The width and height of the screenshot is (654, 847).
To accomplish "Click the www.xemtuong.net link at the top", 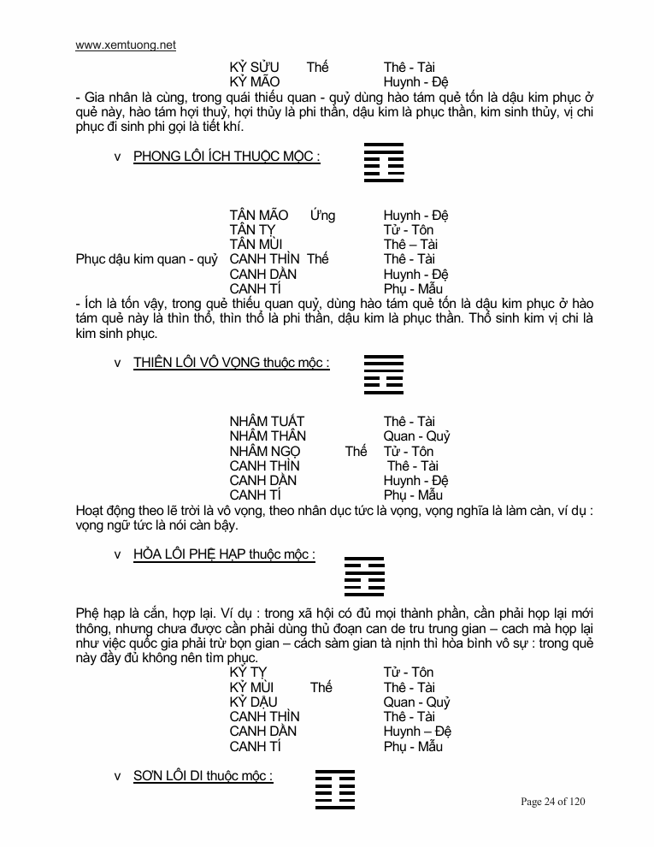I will pyautogui.click(x=126, y=45).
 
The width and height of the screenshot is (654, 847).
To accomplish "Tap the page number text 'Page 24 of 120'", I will pyautogui.click(x=553, y=802).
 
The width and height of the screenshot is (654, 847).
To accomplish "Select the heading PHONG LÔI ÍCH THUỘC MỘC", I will pyautogui.click(x=227, y=157).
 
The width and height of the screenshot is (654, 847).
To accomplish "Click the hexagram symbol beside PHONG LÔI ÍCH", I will pyautogui.click(x=384, y=163).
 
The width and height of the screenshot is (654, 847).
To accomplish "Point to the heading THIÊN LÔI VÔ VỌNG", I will pyautogui.click(x=231, y=363).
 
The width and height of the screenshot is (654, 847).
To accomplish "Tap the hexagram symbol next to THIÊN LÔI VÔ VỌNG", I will pyautogui.click(x=384, y=374).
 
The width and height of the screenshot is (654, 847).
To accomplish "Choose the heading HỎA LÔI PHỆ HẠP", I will pyautogui.click(x=224, y=554).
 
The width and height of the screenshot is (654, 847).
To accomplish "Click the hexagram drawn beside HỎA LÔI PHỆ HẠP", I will pyautogui.click(x=364, y=576).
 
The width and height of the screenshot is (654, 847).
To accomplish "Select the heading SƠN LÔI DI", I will pyautogui.click(x=203, y=776).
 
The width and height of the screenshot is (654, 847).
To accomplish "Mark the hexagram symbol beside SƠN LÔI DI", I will pyautogui.click(x=335, y=789).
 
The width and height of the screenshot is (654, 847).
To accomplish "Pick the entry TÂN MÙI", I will pyautogui.click(x=257, y=245).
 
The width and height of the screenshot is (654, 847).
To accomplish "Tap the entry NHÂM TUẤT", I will pyautogui.click(x=267, y=421).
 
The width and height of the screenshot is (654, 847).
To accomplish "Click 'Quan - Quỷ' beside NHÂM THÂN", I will pyautogui.click(x=416, y=436).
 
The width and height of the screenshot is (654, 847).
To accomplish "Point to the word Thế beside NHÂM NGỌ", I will pyautogui.click(x=356, y=451).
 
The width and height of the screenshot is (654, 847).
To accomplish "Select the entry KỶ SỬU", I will pyautogui.click(x=255, y=67).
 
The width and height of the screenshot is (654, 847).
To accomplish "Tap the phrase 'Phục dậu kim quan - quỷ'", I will pyautogui.click(x=147, y=259).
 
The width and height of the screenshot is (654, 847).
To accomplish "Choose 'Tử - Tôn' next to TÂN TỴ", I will pyautogui.click(x=409, y=229).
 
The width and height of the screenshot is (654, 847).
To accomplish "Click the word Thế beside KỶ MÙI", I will pyautogui.click(x=321, y=687).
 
